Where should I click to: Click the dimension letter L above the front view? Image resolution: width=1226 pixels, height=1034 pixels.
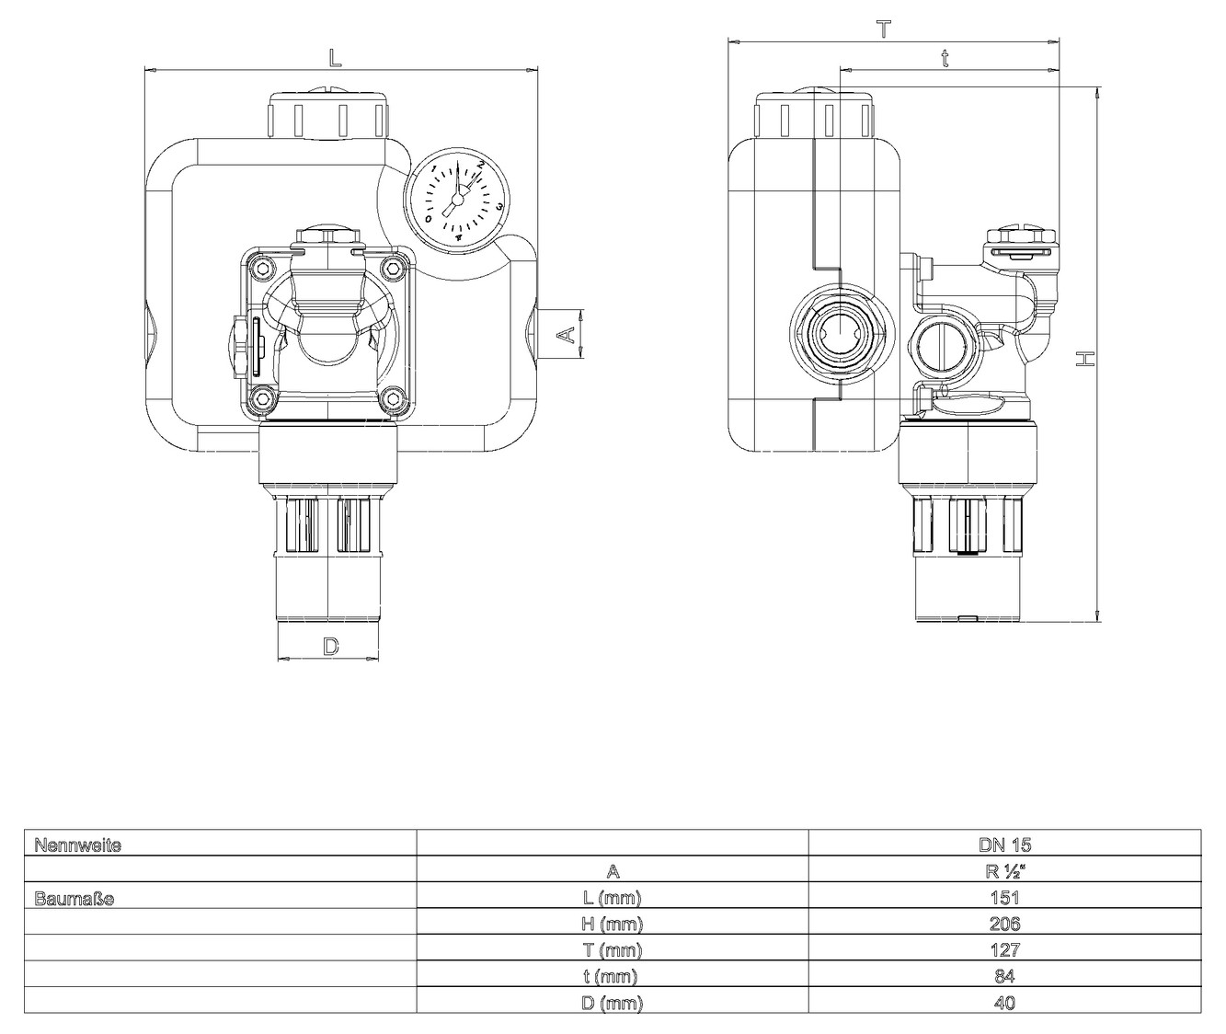pyautogui.click(x=336, y=57)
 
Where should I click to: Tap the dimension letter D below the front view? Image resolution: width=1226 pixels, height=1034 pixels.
pyautogui.click(x=330, y=647)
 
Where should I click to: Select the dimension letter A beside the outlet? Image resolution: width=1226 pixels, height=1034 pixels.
pyautogui.click(x=570, y=334)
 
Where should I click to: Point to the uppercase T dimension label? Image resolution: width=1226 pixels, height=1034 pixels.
pyautogui.click(x=883, y=29)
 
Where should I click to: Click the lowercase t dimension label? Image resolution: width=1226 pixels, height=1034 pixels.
pyautogui.click(x=945, y=58)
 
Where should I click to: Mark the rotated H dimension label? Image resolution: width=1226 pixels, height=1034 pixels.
pyautogui.click(x=1086, y=357)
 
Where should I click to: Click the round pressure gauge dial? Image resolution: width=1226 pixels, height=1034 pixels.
pyautogui.click(x=456, y=200)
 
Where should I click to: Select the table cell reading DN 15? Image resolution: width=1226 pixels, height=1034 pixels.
pyautogui.click(x=1004, y=844)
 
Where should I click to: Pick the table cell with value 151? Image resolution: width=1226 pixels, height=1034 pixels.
pyautogui.click(x=1004, y=898)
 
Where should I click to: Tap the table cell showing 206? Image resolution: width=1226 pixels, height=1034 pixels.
pyautogui.click(x=1004, y=924)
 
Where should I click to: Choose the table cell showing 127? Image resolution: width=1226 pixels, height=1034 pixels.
pyautogui.click(x=1004, y=950)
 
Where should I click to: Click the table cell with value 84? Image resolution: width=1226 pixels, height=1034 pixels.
pyautogui.click(x=1004, y=976)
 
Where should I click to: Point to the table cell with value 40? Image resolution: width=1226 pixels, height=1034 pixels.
pyautogui.click(x=1004, y=1003)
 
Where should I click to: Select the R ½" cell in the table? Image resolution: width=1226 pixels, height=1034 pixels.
pyautogui.click(x=1004, y=871)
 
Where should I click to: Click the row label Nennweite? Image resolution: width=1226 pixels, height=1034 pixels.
pyautogui.click(x=78, y=844)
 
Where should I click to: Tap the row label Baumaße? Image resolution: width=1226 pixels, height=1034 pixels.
pyautogui.click(x=74, y=898)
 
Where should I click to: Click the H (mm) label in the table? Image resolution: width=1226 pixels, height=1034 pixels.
pyautogui.click(x=613, y=924)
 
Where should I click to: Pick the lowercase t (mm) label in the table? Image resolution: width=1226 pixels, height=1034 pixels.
pyautogui.click(x=613, y=976)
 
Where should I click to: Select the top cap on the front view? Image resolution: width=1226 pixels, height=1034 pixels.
pyautogui.click(x=327, y=115)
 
